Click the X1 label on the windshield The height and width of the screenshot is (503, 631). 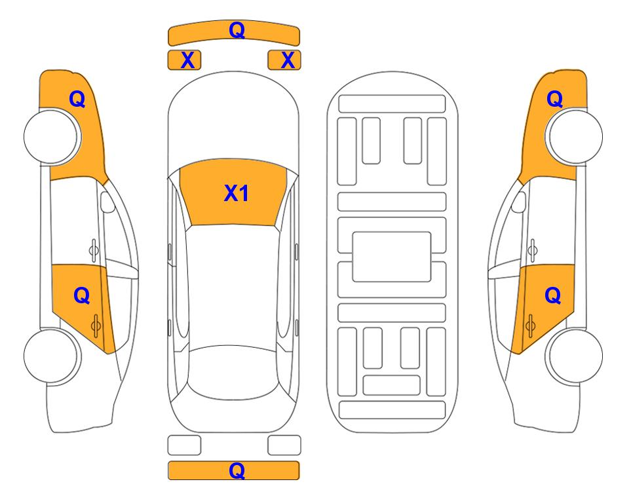237,193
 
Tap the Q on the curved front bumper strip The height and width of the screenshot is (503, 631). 237,29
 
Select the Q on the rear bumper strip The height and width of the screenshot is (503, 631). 237,470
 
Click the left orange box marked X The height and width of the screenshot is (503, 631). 184,60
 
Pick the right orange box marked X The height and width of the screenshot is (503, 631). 284,60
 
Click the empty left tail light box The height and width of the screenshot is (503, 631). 184,445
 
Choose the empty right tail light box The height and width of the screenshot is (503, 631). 284,445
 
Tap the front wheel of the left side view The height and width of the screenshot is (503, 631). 52,136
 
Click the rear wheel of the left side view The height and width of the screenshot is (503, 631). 52,356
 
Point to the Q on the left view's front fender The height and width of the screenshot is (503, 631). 77,99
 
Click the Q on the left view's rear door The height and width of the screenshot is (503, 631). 82,296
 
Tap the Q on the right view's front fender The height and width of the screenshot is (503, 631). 554,99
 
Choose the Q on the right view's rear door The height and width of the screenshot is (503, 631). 553,296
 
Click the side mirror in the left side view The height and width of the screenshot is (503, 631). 107,202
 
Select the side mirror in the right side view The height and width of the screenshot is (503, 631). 519,202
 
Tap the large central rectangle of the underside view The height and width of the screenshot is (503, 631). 392,257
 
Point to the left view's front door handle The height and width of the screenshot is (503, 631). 94,250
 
